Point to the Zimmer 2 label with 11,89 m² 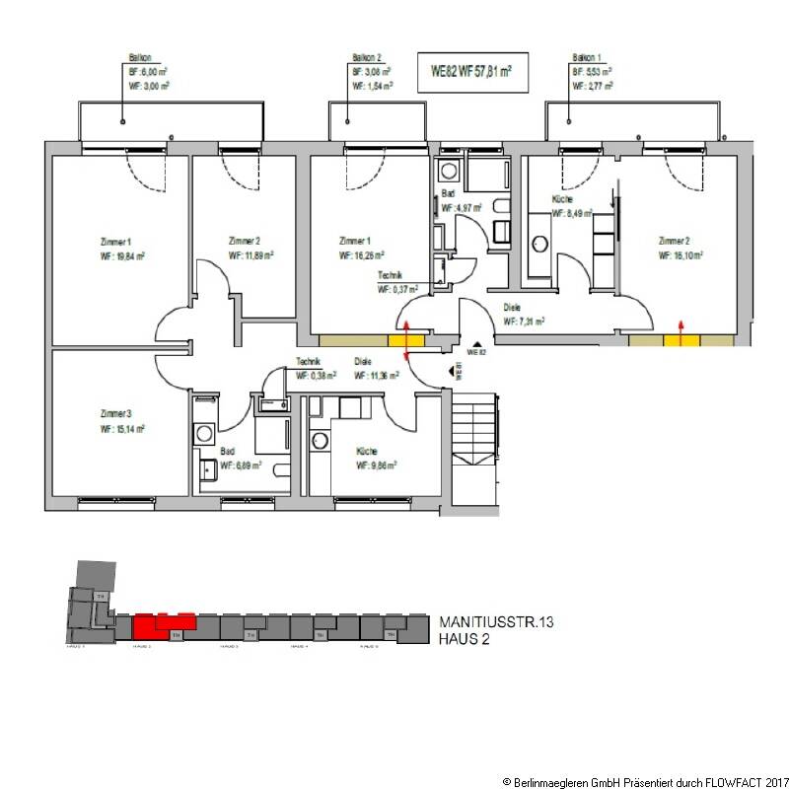(x=244, y=241)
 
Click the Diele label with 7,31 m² (x=512, y=307)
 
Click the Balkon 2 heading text (x=367, y=58)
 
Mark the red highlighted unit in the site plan (x=163, y=623)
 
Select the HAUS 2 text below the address (x=464, y=639)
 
